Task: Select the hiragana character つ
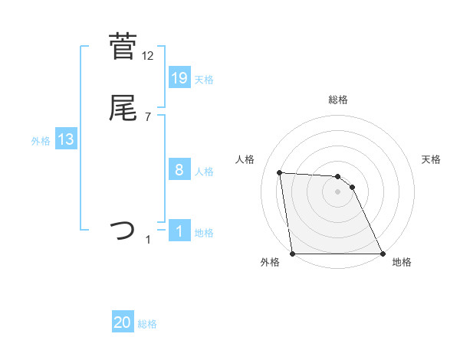point(123,229)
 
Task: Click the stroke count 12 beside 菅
point(148,56)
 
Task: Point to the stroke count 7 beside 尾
point(148,116)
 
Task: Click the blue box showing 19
point(179,78)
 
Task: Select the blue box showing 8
point(179,170)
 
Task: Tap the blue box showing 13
point(66,139)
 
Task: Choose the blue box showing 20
point(123,323)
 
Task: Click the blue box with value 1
point(179,231)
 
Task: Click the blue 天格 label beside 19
point(204,80)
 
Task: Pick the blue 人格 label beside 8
point(204,172)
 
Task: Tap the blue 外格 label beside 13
point(41,141)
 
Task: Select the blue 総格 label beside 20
point(147,325)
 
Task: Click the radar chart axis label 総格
point(338,100)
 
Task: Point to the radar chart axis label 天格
point(432,159)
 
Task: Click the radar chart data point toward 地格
point(382,254)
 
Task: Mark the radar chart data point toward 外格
point(293,254)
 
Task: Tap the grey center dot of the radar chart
point(337,191)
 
